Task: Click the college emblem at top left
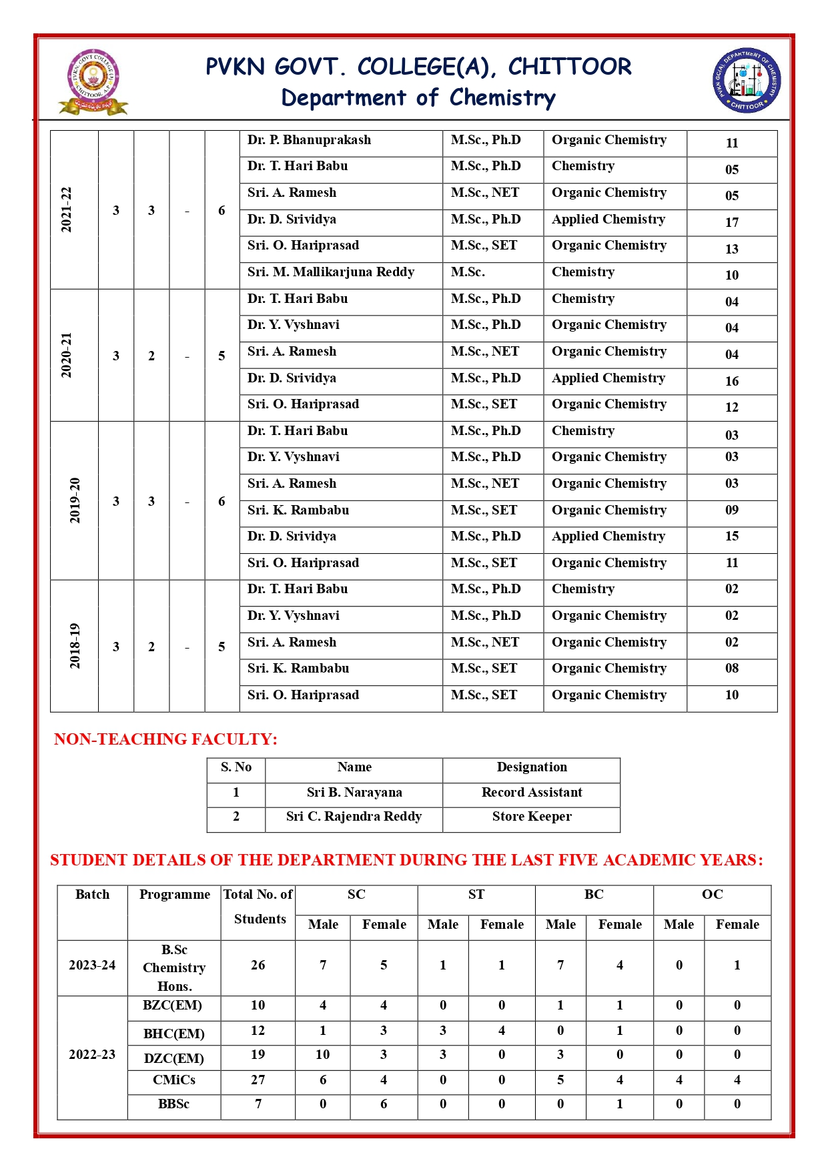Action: pos(93,81)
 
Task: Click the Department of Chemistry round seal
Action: pos(747,80)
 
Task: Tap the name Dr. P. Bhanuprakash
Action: pos(309,140)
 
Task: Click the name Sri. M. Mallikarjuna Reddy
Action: pos(331,272)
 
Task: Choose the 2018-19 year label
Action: pos(75,646)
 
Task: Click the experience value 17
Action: pos(732,223)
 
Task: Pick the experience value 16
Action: pos(732,382)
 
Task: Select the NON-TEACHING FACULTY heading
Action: pos(165,739)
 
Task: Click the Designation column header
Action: pos(532,767)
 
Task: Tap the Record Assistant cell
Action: pos(532,793)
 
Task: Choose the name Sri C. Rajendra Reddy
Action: pos(354,817)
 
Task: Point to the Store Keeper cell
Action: pos(532,817)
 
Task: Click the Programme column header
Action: pos(174,895)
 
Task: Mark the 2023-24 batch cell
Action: pos(92,965)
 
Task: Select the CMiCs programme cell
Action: pos(174,1080)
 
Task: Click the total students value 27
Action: pos(258,1080)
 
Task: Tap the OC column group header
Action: pos(712,895)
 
